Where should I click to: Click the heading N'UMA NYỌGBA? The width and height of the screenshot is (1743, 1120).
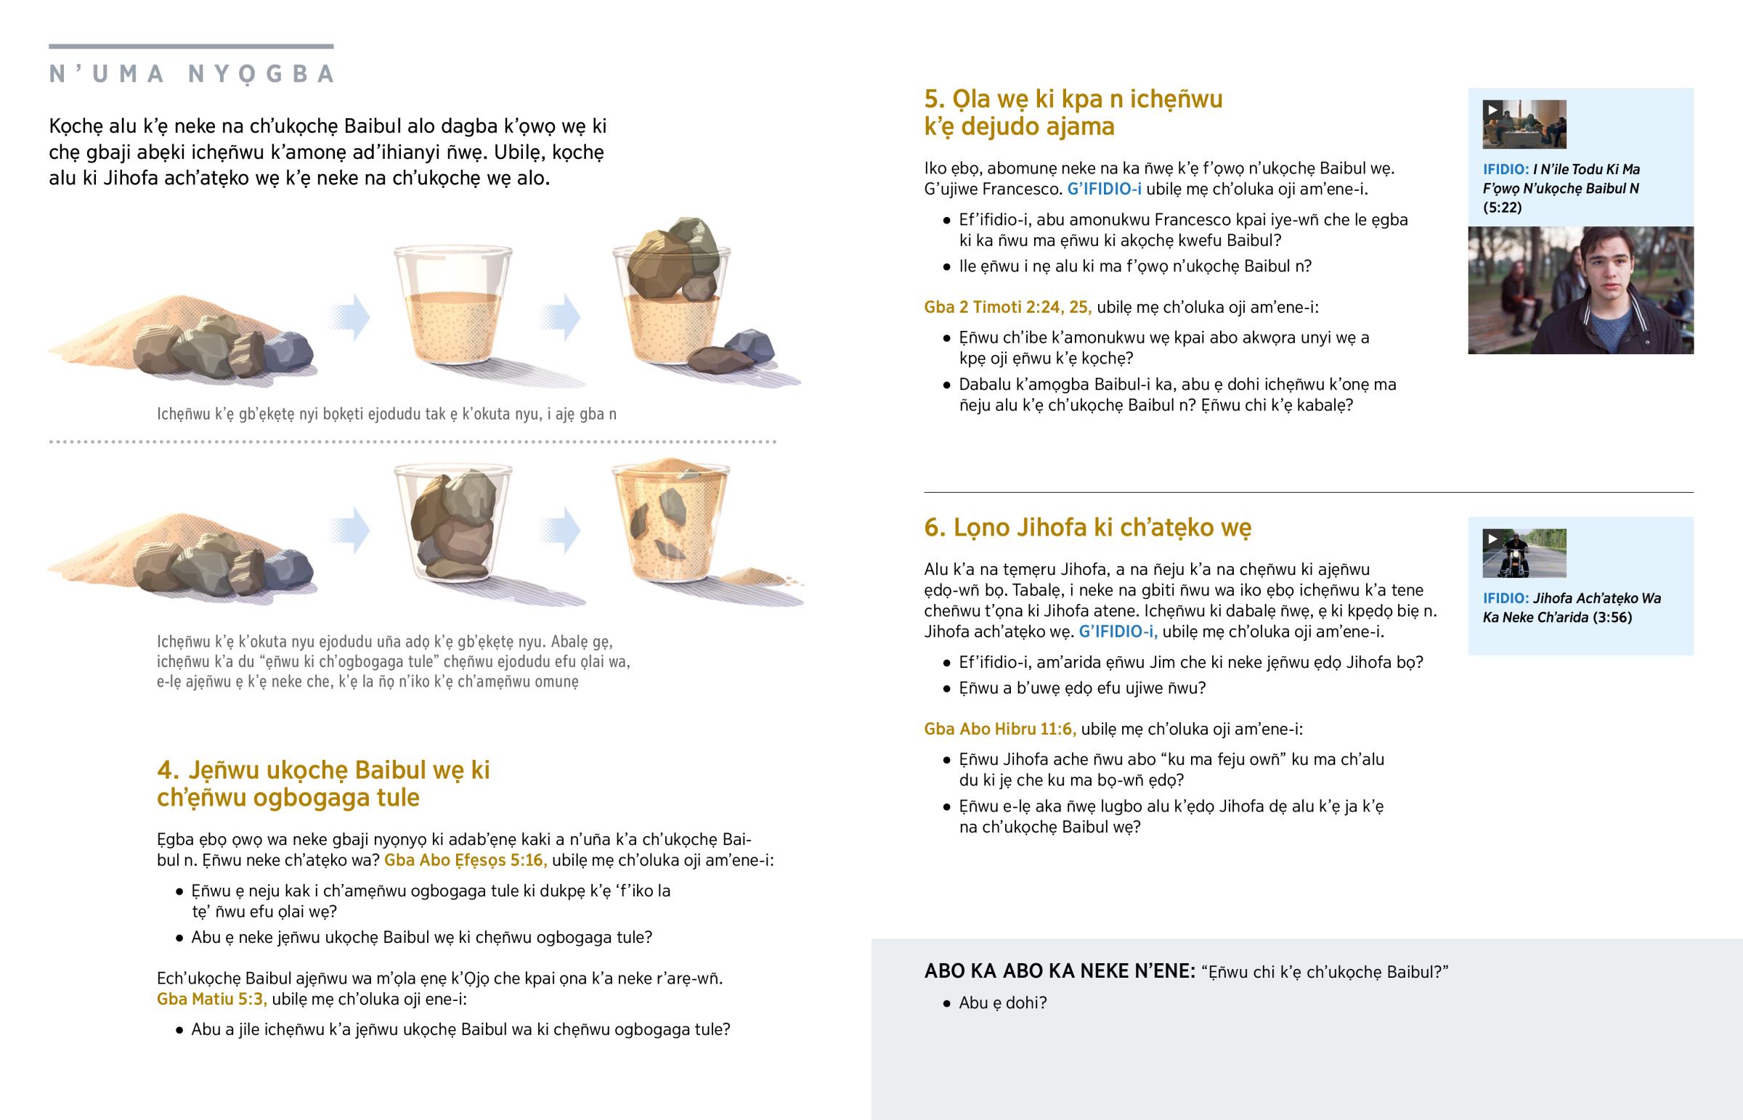coord(192,74)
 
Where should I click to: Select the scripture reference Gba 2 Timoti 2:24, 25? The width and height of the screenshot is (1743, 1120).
coord(1007,307)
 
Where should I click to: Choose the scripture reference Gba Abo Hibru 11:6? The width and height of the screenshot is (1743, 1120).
coord(999,729)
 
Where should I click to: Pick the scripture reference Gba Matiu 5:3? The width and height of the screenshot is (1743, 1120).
coord(211,999)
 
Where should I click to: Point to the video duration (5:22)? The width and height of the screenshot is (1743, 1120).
coord(1502,208)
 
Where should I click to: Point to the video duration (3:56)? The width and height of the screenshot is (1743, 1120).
coord(1612,618)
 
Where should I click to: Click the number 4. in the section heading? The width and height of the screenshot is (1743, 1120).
coord(168,770)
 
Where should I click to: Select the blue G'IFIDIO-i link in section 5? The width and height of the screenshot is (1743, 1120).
coord(1104,189)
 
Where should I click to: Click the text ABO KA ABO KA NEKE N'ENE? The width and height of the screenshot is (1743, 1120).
coord(1059,971)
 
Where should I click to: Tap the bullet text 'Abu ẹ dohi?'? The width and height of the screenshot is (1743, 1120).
coord(1002,1003)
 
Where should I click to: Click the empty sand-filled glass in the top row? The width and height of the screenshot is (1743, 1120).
coord(452,306)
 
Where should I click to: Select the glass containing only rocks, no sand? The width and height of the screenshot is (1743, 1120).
coord(452,524)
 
